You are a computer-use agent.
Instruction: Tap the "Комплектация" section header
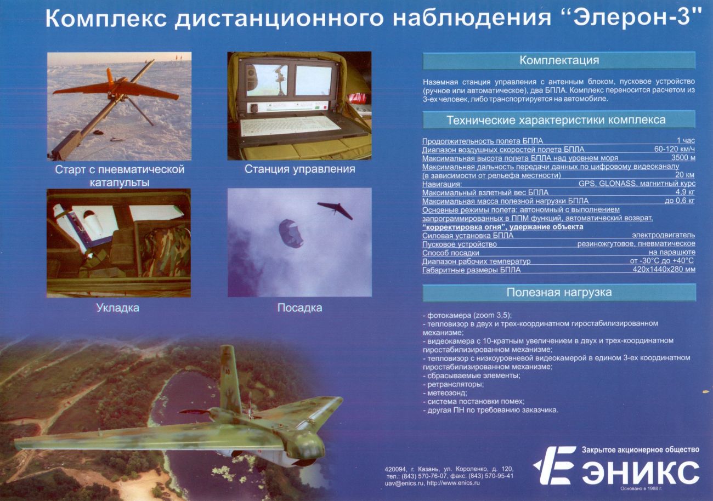[x=559, y=60]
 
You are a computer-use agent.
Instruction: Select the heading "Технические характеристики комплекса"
[x=556, y=120]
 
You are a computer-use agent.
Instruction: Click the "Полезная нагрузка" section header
[x=559, y=292]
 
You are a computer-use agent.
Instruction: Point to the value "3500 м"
[x=683, y=157]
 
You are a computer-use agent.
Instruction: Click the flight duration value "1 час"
[x=686, y=140]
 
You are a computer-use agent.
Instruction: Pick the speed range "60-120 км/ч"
[x=675, y=149]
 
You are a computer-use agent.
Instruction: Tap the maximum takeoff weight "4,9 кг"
[x=685, y=192]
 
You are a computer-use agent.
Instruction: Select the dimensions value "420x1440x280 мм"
[x=664, y=270]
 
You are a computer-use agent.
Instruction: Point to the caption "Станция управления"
[x=299, y=169]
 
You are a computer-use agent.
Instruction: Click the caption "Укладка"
[x=118, y=308]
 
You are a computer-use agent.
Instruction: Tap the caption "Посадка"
[x=299, y=308]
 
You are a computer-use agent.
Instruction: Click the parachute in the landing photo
[x=291, y=233]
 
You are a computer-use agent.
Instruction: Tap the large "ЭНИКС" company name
[x=641, y=472]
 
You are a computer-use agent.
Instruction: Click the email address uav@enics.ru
[x=404, y=483]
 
